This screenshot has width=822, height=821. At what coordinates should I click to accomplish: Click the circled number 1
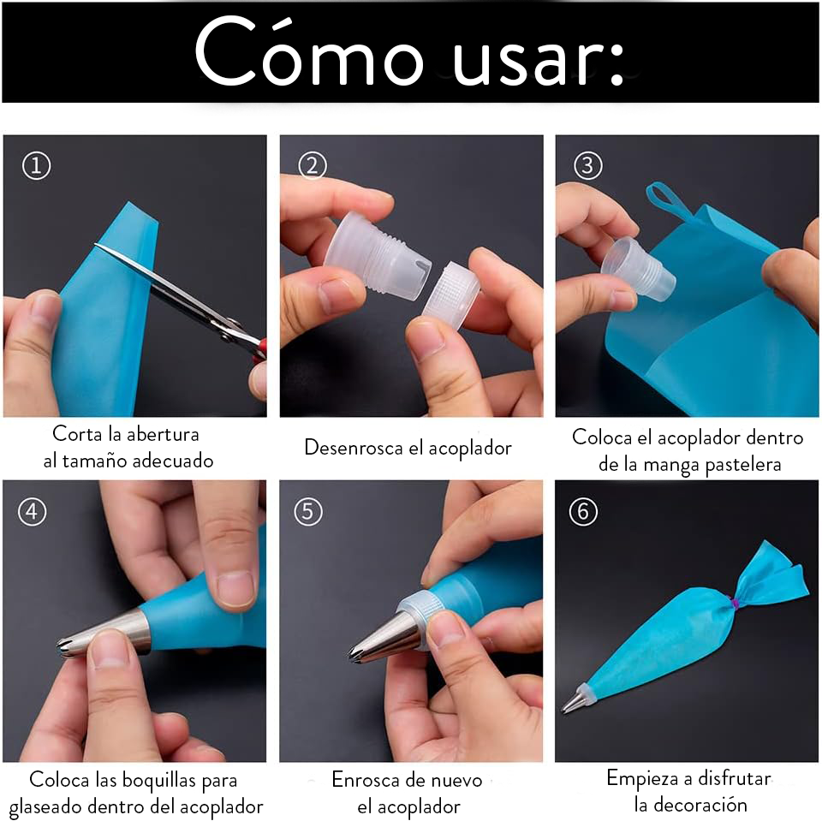(x=37, y=166)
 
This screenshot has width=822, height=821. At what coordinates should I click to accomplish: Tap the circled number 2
(x=313, y=166)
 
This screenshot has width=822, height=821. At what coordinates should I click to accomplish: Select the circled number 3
(x=587, y=166)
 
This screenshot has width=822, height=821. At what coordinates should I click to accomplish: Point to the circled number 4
(x=33, y=512)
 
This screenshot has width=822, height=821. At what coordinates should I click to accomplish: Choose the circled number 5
(x=308, y=512)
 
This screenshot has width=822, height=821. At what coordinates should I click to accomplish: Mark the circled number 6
(x=583, y=512)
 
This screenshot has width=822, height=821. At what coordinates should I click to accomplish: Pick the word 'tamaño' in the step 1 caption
(x=94, y=461)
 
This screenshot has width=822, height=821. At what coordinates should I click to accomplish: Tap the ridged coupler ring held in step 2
(x=451, y=296)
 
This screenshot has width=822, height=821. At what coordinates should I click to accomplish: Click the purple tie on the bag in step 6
(x=735, y=603)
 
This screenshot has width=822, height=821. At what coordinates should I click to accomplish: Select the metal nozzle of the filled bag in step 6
(x=574, y=701)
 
